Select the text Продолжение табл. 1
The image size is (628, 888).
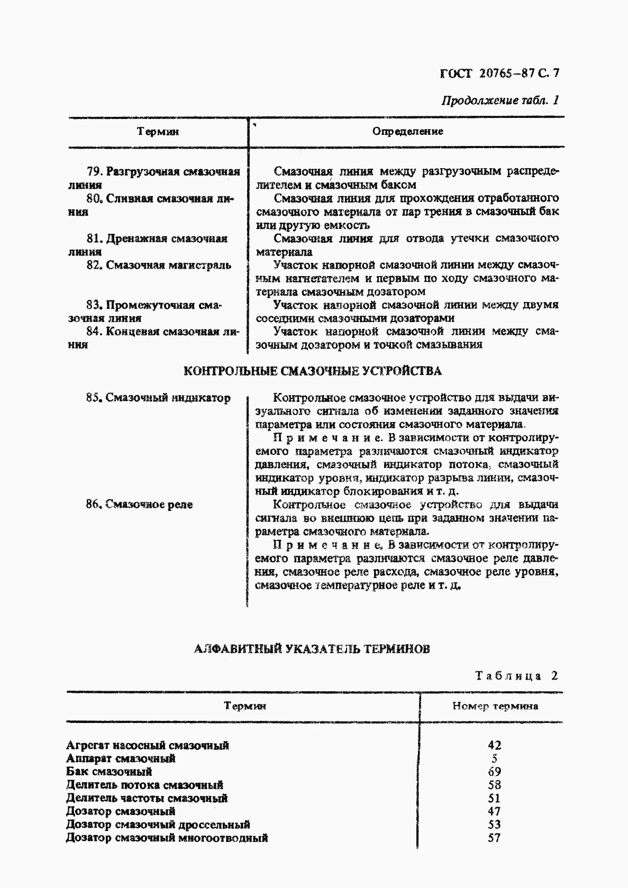point(500,100)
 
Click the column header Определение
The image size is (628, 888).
point(407,131)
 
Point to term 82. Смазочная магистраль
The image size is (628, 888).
point(159,265)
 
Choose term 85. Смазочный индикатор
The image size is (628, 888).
point(158,398)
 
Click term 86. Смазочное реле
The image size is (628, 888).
point(139,504)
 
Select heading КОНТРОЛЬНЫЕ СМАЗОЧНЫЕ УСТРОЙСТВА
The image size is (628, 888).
point(312,371)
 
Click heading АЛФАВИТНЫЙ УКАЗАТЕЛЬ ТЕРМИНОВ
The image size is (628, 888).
point(312,648)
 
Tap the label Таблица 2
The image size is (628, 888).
point(516,675)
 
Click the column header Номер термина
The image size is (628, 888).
point(495,706)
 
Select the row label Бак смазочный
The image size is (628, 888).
point(109,771)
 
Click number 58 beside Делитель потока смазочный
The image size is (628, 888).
point(494,785)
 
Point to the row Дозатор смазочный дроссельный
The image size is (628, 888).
point(158,825)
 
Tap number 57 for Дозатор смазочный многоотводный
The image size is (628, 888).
point(494,838)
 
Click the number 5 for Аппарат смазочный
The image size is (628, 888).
point(494,758)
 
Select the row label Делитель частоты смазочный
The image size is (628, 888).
point(147,798)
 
